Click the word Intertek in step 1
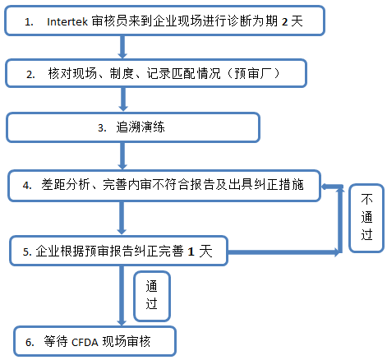pyautogui.click(x=67, y=21)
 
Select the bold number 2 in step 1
pyautogui.click(x=285, y=22)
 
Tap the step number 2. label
pyautogui.click(x=30, y=75)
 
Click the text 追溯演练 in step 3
pyautogui.click(x=141, y=127)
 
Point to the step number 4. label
pyautogui.click(x=27, y=186)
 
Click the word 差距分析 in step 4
pyautogui.click(x=66, y=185)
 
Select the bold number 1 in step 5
pyautogui.click(x=191, y=252)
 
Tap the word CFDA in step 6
pyautogui.click(x=85, y=343)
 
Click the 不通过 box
pyautogui.click(x=366, y=218)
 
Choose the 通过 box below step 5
pyautogui.click(x=152, y=296)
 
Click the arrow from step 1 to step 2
pyautogui.click(x=122, y=47)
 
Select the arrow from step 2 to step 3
pyautogui.click(x=123, y=99)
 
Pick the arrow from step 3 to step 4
pyautogui.click(x=122, y=156)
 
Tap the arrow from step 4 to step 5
pyautogui.click(x=122, y=218)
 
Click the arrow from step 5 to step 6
pyautogui.click(x=122, y=296)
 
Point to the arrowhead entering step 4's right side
pyautogui.click(x=325, y=187)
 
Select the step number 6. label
pyautogui.click(x=30, y=343)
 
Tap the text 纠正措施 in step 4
pyautogui.click(x=279, y=185)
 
